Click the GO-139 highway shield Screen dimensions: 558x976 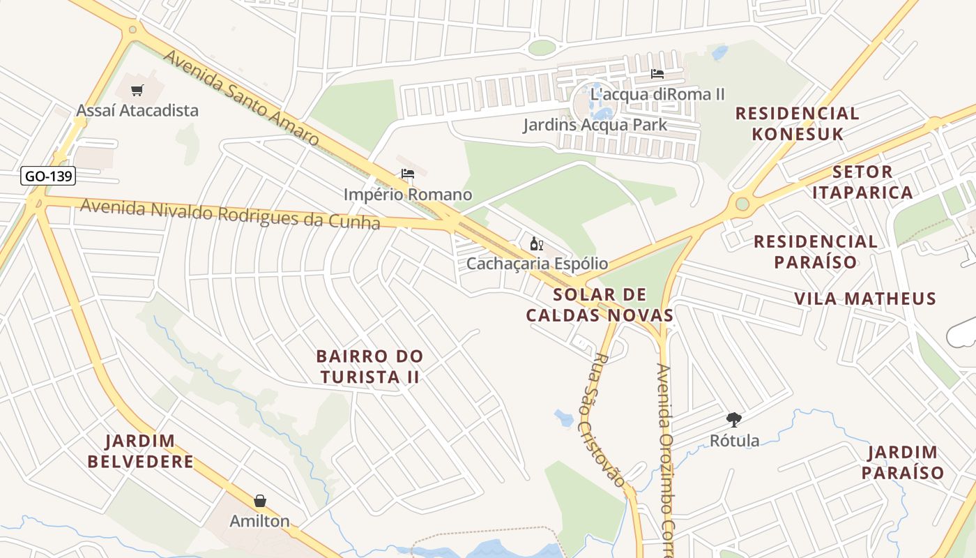(48, 176)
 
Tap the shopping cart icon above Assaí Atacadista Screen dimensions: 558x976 (137, 90)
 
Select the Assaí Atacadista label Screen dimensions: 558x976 (137, 110)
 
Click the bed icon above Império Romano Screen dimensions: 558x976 (408, 174)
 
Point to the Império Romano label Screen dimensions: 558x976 (408, 195)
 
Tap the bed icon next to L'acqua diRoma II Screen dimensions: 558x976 (657, 74)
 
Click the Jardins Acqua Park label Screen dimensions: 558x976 (595, 125)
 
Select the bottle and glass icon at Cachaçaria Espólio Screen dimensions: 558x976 (536, 243)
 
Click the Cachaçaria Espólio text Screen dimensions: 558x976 (537, 264)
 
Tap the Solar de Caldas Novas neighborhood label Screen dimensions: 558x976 (600, 305)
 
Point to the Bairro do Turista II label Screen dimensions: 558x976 (369, 366)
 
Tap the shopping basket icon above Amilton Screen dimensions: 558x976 (260, 501)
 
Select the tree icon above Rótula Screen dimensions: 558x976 (733, 419)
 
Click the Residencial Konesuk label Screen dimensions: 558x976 (798, 123)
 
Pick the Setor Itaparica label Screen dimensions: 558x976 (862, 182)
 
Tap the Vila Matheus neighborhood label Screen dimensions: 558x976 (865, 299)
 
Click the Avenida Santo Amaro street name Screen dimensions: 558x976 (240, 98)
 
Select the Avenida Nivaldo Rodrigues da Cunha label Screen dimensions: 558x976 (229, 214)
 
